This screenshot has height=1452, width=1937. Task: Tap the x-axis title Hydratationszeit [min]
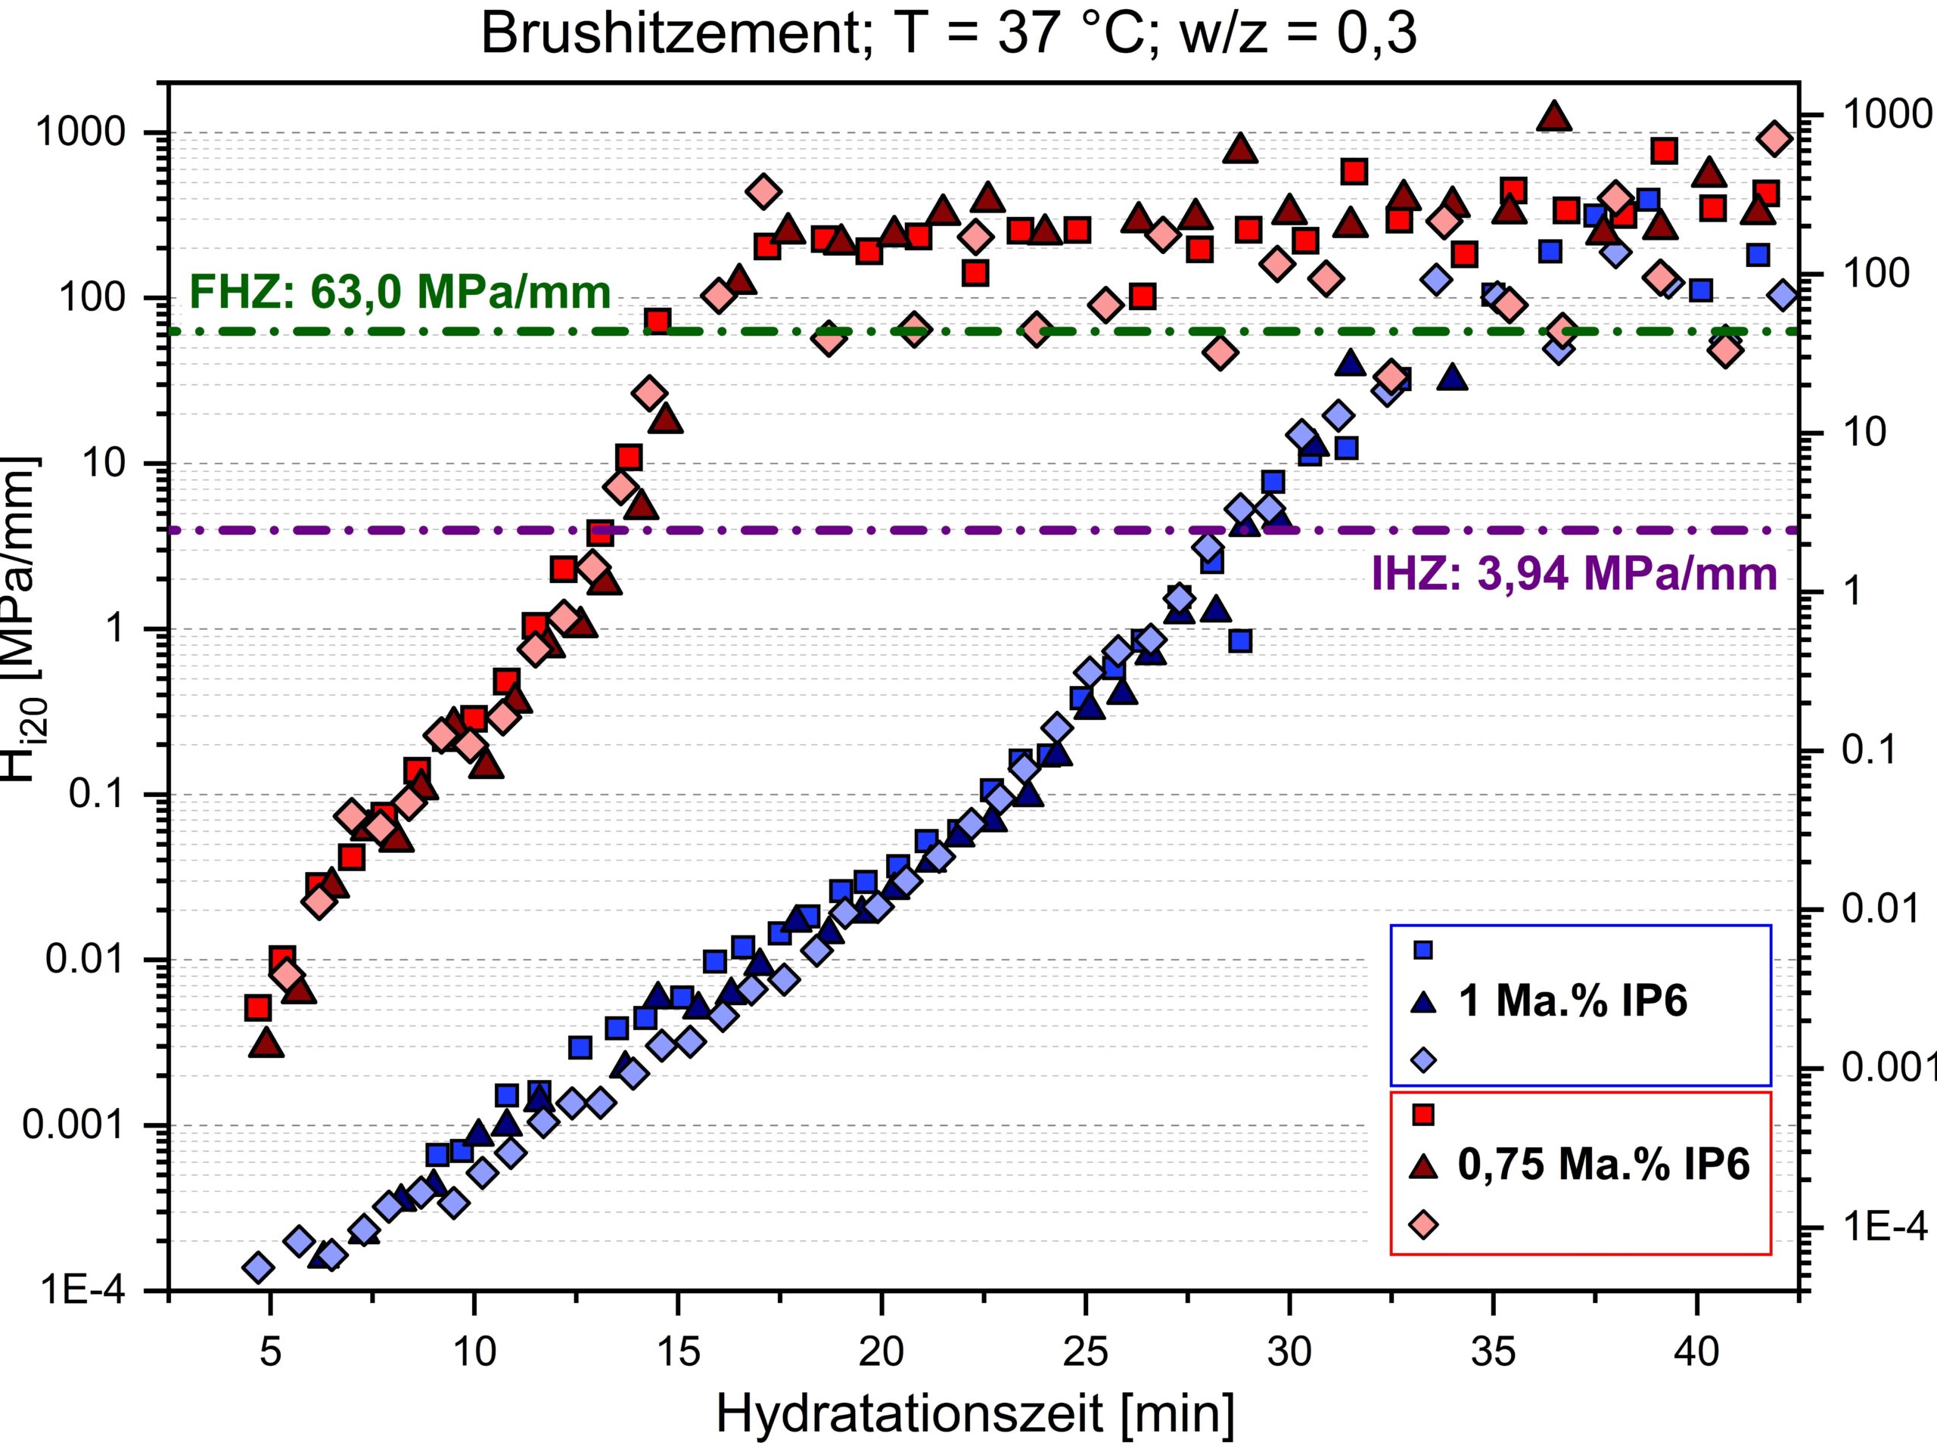(975, 1413)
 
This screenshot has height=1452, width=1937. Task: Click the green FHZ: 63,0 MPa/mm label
(400, 291)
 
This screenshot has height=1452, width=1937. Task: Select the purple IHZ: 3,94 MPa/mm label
(1575, 574)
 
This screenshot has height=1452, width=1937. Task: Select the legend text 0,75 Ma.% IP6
(1603, 1165)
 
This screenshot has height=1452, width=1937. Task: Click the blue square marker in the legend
(1424, 950)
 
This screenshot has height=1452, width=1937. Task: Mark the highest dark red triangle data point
(1554, 116)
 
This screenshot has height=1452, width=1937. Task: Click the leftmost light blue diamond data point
(258, 1267)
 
